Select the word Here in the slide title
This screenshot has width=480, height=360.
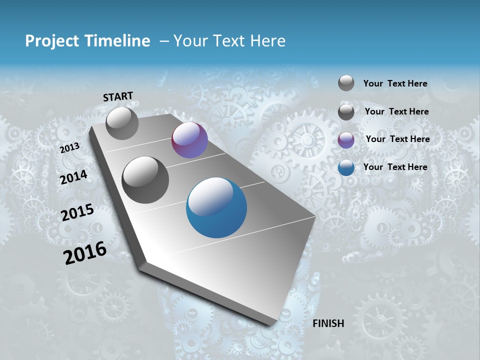point(267,41)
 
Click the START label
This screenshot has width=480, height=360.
point(118,96)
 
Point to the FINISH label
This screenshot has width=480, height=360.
point(328,323)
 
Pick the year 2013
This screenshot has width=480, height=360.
point(69,147)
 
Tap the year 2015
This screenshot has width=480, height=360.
point(77,212)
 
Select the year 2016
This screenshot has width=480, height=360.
point(85,252)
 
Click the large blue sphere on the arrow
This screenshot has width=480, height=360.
point(216,207)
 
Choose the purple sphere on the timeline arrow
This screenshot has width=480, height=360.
point(189,140)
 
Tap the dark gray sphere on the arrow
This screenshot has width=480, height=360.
point(145,180)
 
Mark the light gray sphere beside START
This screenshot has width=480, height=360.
point(122,123)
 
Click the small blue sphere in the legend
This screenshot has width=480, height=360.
point(346,167)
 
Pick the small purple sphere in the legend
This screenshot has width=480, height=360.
point(346,140)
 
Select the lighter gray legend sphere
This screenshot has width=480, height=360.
point(346,83)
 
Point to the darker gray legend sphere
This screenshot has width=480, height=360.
point(346,112)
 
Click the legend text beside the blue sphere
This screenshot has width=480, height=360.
point(395,167)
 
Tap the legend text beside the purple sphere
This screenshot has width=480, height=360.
point(397,139)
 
